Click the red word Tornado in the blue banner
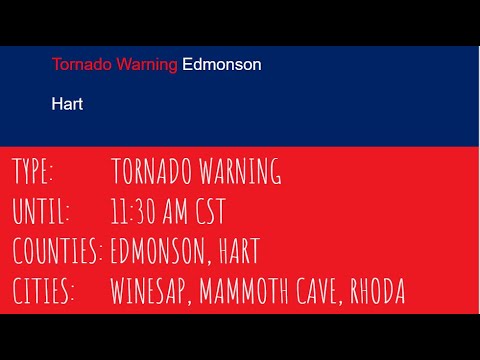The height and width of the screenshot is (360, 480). tap(81, 65)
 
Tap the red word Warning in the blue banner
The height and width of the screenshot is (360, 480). tap(146, 65)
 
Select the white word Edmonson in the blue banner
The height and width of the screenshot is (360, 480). tap(222, 65)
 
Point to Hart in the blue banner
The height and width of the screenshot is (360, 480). tap(67, 103)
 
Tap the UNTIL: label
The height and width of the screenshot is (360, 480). tap(41, 212)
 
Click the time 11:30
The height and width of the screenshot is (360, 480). tap(135, 212)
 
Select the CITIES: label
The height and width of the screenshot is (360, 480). tap(44, 292)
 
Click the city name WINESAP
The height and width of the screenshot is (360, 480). tap(149, 292)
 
